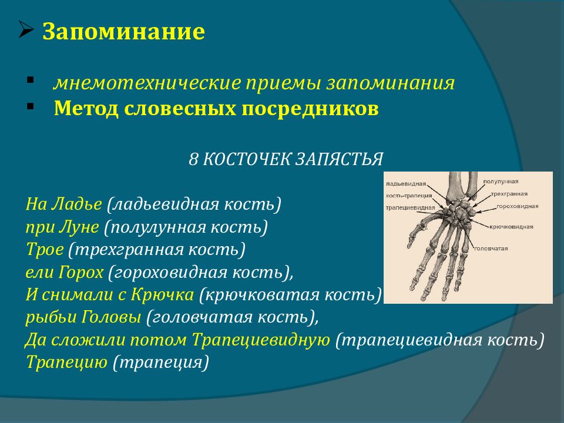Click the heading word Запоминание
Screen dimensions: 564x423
coord(124,32)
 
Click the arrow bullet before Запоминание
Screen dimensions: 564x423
coord(26,30)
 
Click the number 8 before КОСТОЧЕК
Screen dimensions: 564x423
coord(193,159)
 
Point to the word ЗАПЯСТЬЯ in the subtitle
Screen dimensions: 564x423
coord(339,159)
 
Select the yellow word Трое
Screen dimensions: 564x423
coord(45,250)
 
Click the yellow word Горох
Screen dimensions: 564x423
coord(82,272)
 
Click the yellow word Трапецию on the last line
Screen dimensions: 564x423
coord(67,362)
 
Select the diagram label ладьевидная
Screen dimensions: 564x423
coord(406,184)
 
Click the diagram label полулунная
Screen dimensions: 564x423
coord(501,182)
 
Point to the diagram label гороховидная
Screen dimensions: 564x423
coord(517,206)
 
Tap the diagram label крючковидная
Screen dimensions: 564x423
coord(511,227)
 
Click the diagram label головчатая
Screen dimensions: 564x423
coord(491,249)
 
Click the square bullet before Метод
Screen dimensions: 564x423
coord(30,106)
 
